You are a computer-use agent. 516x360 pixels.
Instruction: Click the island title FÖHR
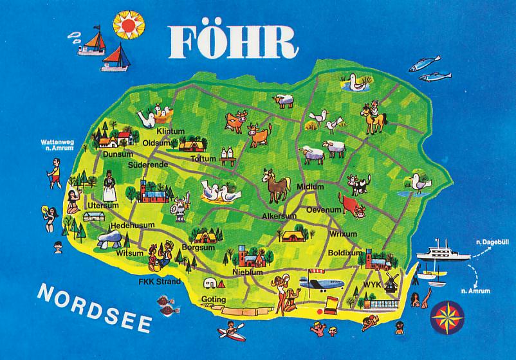(x=234, y=40)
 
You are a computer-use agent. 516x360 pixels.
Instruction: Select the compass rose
(x=445, y=315)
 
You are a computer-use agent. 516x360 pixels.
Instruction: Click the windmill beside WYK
(x=392, y=283)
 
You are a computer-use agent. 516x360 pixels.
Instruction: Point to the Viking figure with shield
(x=176, y=207)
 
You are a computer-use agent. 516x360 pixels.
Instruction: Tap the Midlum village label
(x=310, y=186)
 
